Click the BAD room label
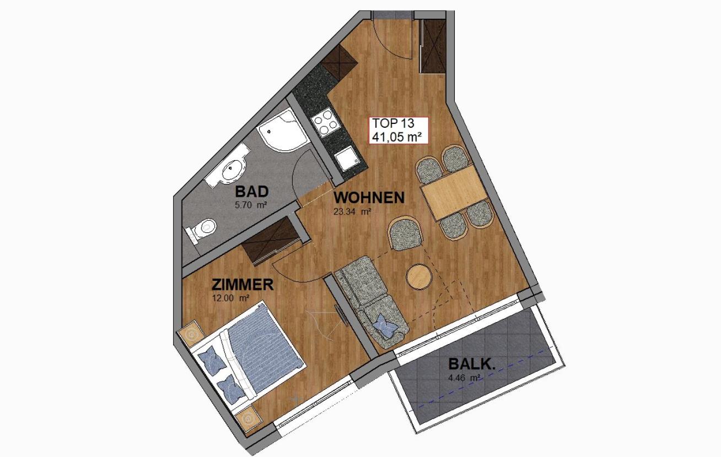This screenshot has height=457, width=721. pos(252,192)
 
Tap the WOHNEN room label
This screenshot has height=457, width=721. pos(369,198)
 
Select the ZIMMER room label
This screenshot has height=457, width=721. pos(243,285)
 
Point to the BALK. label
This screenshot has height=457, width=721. pos(471,364)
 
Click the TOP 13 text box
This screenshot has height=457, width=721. pos(399,130)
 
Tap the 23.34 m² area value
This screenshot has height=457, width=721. pos(352,212)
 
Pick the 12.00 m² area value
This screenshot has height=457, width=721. pos(230,298)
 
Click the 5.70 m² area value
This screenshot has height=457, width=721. pos(251,205)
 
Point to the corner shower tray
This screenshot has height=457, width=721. pos(283,131)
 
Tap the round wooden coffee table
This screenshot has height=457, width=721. pos(419,276)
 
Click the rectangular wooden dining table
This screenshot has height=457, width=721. pos(454,192)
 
